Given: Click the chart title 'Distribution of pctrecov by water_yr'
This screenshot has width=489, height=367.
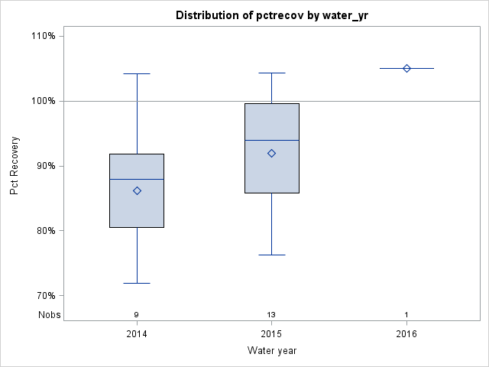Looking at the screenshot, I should click(x=271, y=15).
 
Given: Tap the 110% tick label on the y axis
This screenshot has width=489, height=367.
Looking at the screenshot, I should click(x=43, y=36).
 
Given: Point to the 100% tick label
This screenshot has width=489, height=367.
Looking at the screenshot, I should click(x=43, y=101).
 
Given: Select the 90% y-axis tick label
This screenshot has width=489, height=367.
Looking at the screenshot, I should click(x=44, y=166).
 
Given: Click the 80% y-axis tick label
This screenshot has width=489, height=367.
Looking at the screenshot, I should click(x=44, y=231).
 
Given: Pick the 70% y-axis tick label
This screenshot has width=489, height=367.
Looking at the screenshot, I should click(x=44, y=296).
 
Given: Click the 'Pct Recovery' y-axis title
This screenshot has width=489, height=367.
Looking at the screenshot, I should click(x=15, y=166).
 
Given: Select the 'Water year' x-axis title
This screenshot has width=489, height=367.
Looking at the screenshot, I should click(x=271, y=351).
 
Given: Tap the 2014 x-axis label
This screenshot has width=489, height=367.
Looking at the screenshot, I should click(x=137, y=334).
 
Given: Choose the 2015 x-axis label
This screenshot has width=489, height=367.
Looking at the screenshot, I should click(x=271, y=334).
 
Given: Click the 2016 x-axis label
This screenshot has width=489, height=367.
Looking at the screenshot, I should click(x=406, y=334).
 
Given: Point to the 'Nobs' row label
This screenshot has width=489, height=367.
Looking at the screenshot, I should click(x=49, y=314).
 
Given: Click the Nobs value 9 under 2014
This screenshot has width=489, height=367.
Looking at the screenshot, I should click(x=137, y=315).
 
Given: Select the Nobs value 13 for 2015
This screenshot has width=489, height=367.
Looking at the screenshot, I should click(x=271, y=315).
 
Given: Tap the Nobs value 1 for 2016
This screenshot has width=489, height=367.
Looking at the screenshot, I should click(x=406, y=315).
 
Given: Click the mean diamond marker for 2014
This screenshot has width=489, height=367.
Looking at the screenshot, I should click(x=137, y=190).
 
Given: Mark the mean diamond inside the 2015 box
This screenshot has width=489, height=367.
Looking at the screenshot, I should click(x=271, y=153).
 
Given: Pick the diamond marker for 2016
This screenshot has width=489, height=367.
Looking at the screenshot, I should click(x=406, y=68).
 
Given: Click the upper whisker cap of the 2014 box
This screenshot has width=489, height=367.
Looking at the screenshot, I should click(x=137, y=74).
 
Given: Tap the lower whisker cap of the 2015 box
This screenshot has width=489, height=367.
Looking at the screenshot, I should click(x=271, y=255).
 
